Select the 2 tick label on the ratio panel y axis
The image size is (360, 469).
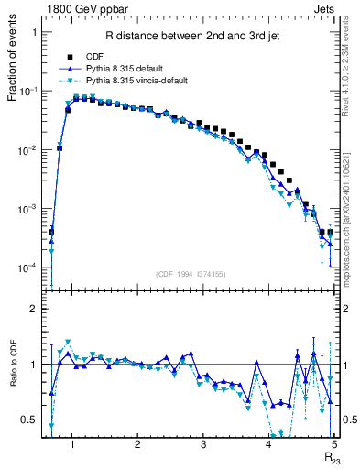(34, 310)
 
